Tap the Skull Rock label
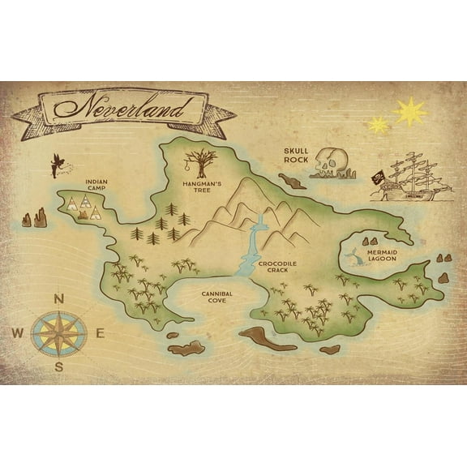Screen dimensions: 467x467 [297, 155]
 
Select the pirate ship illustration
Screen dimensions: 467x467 [410, 178]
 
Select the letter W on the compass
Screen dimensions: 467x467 [18, 332]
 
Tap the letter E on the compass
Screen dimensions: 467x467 [101, 332]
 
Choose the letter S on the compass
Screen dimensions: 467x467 [58, 366]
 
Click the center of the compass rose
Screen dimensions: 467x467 [58, 332]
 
